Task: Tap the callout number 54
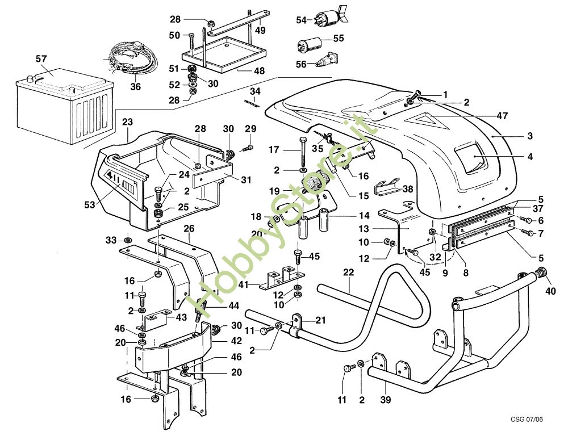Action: [x=301, y=20]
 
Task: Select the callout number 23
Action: [x=127, y=121]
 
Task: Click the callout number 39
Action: [x=386, y=400]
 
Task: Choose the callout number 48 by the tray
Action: [x=258, y=72]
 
